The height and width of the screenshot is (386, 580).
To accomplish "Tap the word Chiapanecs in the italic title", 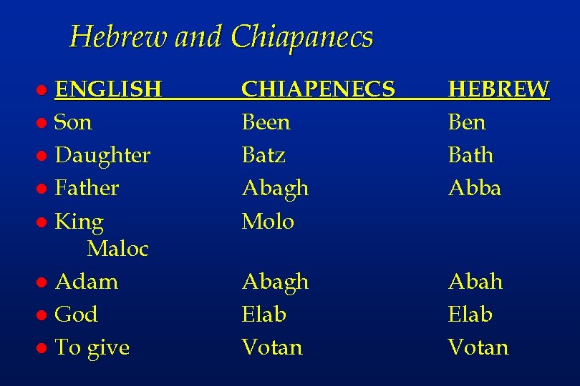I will pos(302,37).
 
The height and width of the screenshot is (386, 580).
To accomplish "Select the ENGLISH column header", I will pos(108,89).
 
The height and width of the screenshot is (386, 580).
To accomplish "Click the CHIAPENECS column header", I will pos(318,89).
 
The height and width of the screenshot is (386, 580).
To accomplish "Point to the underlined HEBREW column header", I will pos(498,89).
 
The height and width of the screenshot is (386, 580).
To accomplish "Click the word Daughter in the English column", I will pos(102,155).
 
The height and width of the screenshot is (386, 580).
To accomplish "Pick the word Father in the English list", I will pos(87,188).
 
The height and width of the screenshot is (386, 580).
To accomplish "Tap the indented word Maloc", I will pos(117,249).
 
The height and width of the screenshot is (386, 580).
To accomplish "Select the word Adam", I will pos(86,282).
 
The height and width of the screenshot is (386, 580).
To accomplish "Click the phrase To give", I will pos(92,347).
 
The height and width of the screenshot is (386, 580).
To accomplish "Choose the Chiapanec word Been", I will pos(266,122).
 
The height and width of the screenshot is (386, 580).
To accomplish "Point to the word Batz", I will pos(264,155).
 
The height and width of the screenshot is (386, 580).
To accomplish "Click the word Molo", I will pos(268,221).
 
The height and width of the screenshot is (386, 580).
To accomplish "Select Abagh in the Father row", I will pos(275,188).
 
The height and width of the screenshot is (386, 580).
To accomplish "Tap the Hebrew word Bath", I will pos(470,155).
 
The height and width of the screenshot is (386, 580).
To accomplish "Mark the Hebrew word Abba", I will pos(474,188).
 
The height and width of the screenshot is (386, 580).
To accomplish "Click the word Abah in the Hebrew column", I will pos(475,282).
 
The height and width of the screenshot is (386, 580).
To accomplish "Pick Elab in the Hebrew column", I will pos(470,315).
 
